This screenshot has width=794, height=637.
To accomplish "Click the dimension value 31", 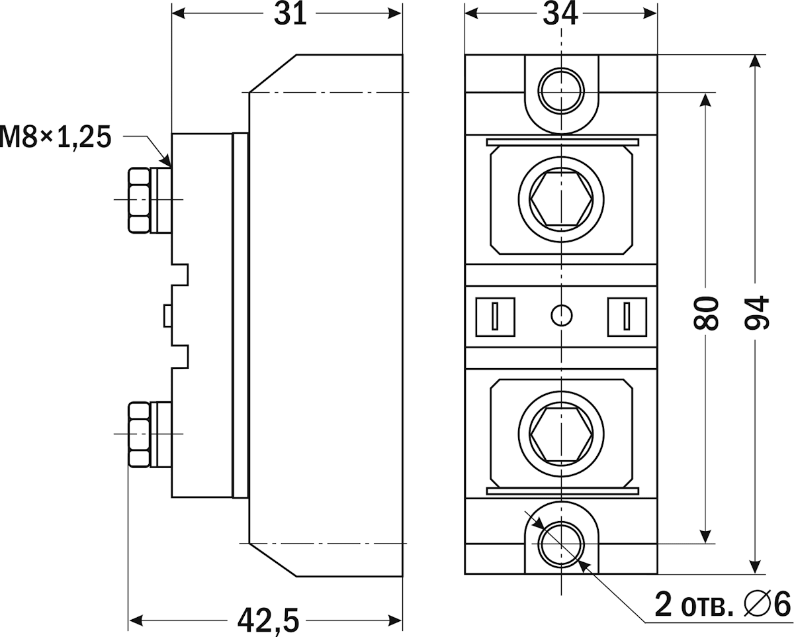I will coord(291,13).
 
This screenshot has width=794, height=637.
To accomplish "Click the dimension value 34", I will coord(560,13).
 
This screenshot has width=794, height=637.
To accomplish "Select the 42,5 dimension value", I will coord(269,621).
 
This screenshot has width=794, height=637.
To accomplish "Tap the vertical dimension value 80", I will coord(707,313).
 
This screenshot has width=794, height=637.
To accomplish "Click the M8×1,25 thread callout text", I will coord(54,137).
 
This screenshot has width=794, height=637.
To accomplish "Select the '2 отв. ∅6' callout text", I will coord(723,604).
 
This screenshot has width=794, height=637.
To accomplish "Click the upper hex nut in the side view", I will coord(138,200).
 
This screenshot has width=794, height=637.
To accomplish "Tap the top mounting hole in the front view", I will coord(561,87).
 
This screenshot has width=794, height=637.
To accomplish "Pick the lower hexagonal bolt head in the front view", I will coord(561,434).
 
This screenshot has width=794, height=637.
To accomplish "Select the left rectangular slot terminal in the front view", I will coord(495,315).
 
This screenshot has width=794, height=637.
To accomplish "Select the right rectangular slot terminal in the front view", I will coord(627,315).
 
